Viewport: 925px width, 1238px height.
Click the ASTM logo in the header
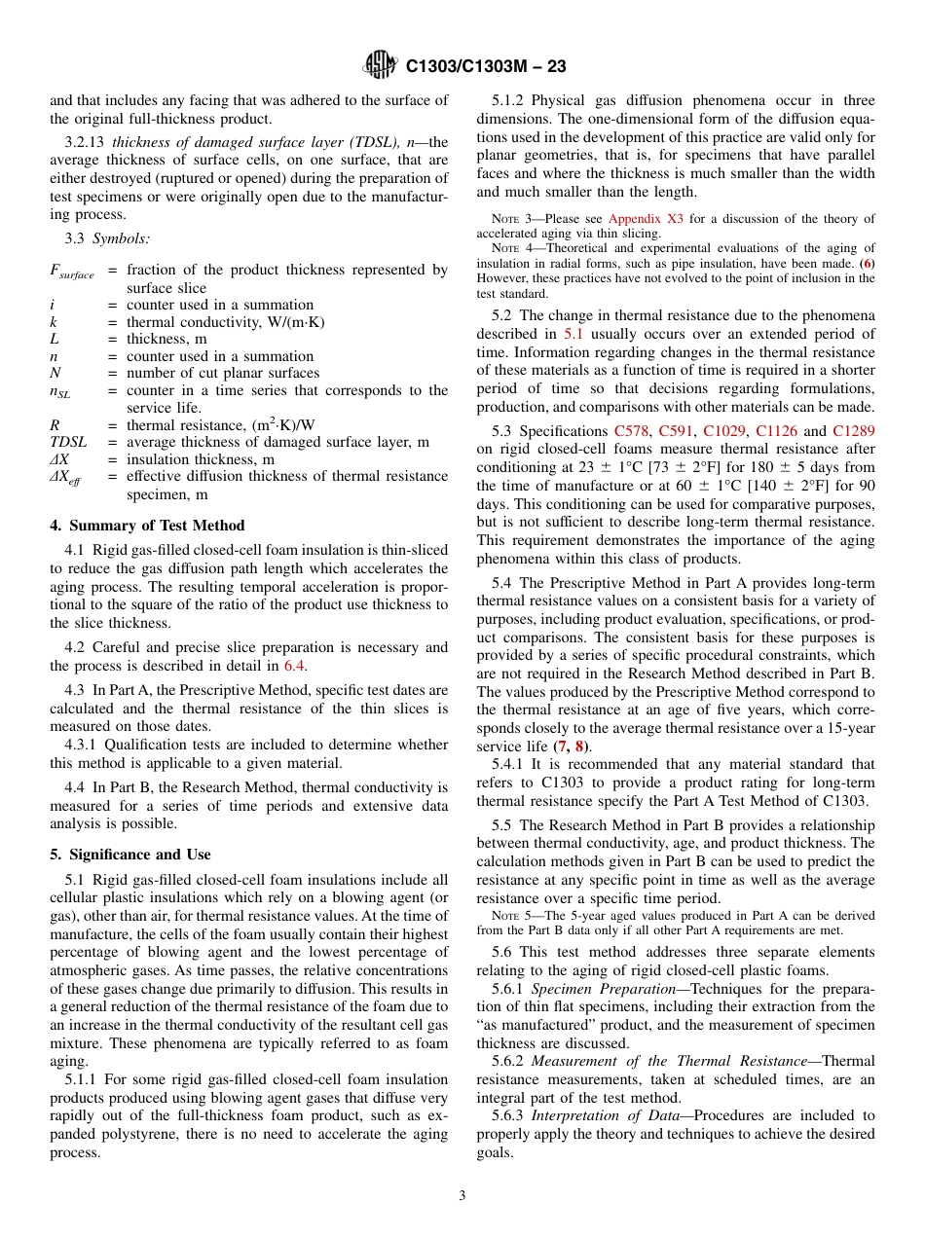tap(380, 65)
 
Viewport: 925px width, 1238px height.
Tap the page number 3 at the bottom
tap(462, 1195)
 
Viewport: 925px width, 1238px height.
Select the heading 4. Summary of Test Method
tap(147, 526)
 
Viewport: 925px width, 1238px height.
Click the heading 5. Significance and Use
tap(130, 855)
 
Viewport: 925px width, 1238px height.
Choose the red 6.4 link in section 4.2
tap(294, 666)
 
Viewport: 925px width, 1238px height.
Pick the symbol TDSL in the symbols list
tap(71, 442)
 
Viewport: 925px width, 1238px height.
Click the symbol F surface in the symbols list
tap(71, 272)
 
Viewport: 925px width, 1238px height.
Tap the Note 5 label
tap(512, 916)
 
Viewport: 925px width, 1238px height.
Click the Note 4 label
tap(512, 248)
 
